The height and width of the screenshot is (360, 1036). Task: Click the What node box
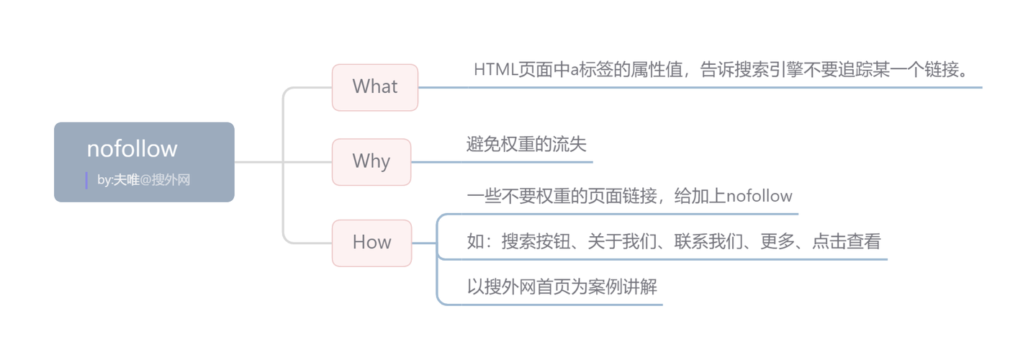(x=374, y=87)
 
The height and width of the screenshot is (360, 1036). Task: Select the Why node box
(x=371, y=161)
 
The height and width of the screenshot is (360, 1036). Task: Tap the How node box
(x=371, y=243)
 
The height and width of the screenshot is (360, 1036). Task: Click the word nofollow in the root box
(x=132, y=148)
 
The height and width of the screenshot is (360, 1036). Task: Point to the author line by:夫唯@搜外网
(x=143, y=180)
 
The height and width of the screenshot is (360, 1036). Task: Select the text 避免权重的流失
(x=526, y=144)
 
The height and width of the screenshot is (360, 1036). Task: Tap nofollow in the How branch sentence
(x=760, y=196)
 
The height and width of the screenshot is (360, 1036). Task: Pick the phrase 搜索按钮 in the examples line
(x=536, y=242)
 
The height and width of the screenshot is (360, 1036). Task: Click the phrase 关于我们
(x=622, y=242)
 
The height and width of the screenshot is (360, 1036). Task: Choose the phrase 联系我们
(x=708, y=242)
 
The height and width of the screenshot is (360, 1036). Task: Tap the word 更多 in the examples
(x=778, y=242)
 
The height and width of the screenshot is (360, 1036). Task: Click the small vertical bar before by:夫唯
(x=86, y=180)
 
